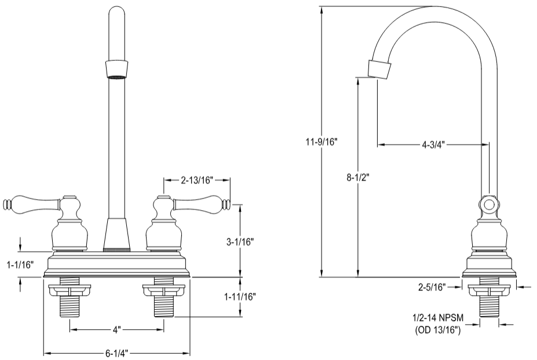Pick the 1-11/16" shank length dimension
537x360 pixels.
coord(240,296)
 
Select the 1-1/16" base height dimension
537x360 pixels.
coord(20,265)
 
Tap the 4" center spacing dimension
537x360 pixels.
coord(116,329)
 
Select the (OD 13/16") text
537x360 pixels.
coord(438,330)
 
